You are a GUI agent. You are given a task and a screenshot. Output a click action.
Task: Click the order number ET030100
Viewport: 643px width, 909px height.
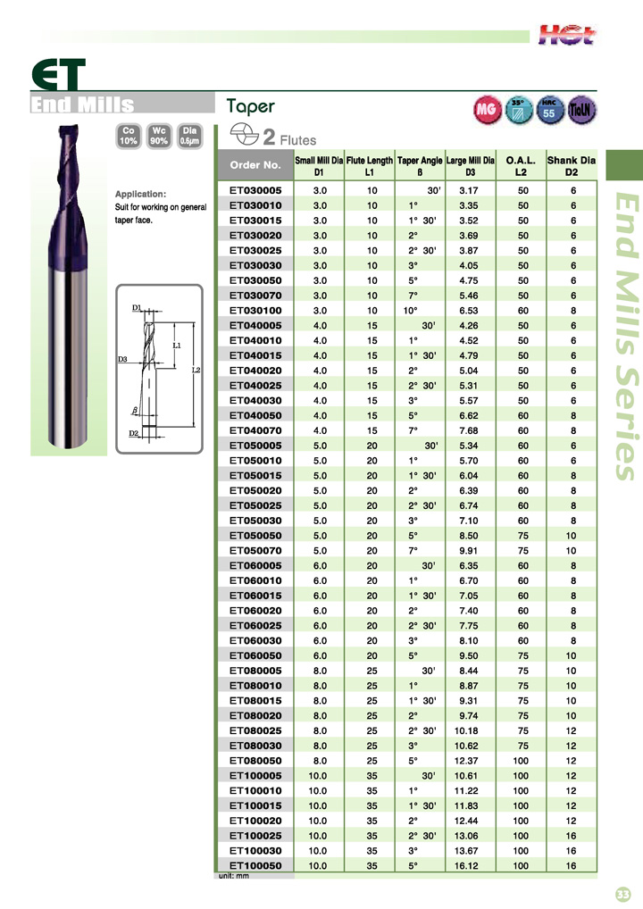[255, 311]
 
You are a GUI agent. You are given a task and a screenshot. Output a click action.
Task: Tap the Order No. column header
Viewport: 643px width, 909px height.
[255, 164]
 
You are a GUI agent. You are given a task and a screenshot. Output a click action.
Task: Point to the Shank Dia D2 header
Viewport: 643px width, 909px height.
[571, 166]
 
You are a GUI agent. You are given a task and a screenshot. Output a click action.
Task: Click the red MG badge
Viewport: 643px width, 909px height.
[487, 110]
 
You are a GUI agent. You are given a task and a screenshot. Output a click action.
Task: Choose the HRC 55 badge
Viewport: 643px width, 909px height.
[548, 110]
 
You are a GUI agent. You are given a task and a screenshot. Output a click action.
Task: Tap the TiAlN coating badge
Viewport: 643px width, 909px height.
[580, 110]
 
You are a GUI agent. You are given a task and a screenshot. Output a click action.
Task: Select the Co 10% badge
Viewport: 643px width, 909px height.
[128, 137]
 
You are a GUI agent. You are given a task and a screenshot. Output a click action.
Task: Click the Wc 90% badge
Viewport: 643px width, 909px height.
[159, 137]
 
